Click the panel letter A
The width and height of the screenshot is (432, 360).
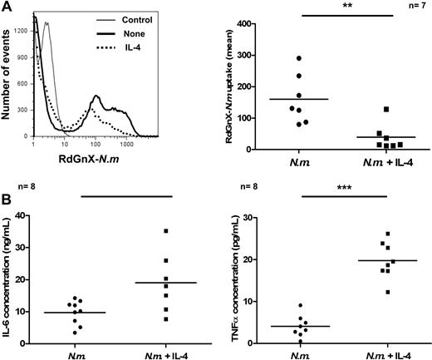[7, 7]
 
